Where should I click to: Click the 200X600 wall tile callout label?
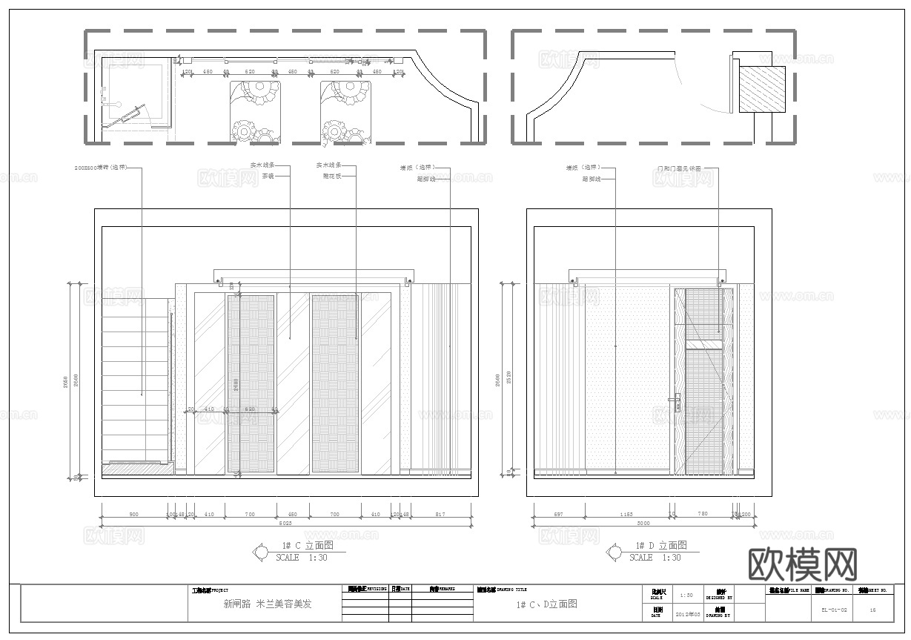(x=102, y=168)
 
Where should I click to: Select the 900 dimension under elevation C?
(x=133, y=513)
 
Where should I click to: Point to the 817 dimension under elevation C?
(x=440, y=513)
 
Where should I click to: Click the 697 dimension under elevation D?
(x=557, y=513)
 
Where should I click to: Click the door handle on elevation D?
(x=674, y=400)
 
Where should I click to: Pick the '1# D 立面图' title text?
(x=656, y=545)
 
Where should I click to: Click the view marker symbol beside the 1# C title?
(x=261, y=552)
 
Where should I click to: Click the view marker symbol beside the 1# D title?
(x=614, y=552)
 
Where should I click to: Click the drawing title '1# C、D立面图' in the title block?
(x=547, y=604)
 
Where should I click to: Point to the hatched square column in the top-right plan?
(x=762, y=89)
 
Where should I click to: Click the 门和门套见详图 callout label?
(x=678, y=168)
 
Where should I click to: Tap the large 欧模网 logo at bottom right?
(x=804, y=566)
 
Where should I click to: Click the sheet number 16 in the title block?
(x=872, y=611)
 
